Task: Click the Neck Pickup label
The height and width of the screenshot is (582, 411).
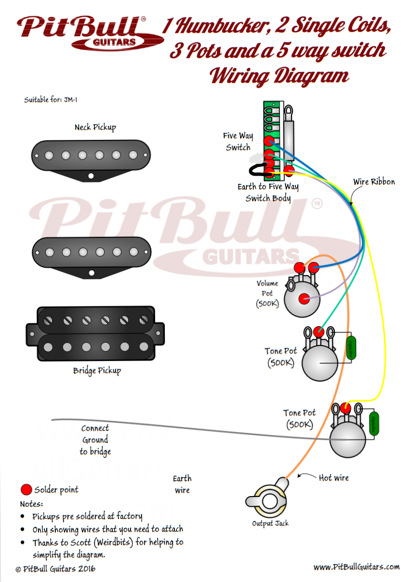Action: (x=95, y=127)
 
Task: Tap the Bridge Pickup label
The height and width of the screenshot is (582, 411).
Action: (x=97, y=371)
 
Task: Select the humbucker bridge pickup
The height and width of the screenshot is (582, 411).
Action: (x=93, y=333)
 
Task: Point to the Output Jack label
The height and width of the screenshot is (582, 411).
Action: (x=270, y=524)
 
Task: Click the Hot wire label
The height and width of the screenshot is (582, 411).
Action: (x=333, y=478)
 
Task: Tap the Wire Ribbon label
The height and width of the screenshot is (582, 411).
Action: (x=374, y=182)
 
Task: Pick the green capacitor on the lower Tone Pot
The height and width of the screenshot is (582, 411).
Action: (x=374, y=424)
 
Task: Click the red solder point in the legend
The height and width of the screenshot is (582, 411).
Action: (x=27, y=490)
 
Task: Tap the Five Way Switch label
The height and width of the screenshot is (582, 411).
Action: (x=238, y=141)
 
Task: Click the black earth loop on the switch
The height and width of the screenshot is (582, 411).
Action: (x=257, y=170)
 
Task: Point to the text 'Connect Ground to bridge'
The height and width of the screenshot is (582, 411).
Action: (x=95, y=440)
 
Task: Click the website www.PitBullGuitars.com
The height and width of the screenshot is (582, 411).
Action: (x=356, y=567)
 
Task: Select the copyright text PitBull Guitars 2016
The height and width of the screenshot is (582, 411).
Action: (x=55, y=569)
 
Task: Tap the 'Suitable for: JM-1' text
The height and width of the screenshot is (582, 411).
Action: (x=48, y=100)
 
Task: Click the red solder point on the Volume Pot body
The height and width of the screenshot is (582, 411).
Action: (x=304, y=299)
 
